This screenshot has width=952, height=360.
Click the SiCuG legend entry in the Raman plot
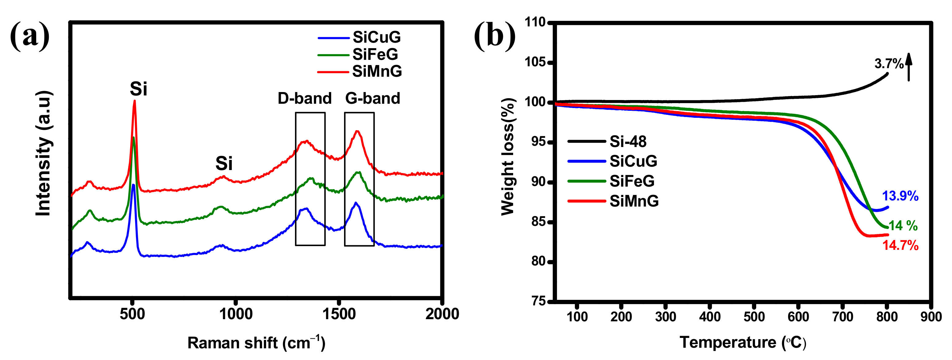point(376,37)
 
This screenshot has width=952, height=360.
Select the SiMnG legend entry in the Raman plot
point(377,71)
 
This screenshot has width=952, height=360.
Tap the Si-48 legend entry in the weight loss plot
point(628,141)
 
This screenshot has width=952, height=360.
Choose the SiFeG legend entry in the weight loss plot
point(632,181)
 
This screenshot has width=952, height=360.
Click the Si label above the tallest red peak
point(139,89)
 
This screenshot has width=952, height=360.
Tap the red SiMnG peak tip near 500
point(134,101)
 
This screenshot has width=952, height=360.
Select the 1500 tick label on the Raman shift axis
point(339,314)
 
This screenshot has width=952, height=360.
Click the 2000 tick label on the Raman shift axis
point(442,314)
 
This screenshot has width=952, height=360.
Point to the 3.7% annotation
point(888,64)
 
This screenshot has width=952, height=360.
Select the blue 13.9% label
point(900,196)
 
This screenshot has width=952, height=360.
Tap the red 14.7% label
point(900,246)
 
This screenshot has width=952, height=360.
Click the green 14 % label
point(903,226)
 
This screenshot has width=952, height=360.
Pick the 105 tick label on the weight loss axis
point(535,62)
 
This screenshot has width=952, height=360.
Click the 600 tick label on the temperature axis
point(798,317)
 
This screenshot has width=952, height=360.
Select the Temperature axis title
point(743,342)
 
